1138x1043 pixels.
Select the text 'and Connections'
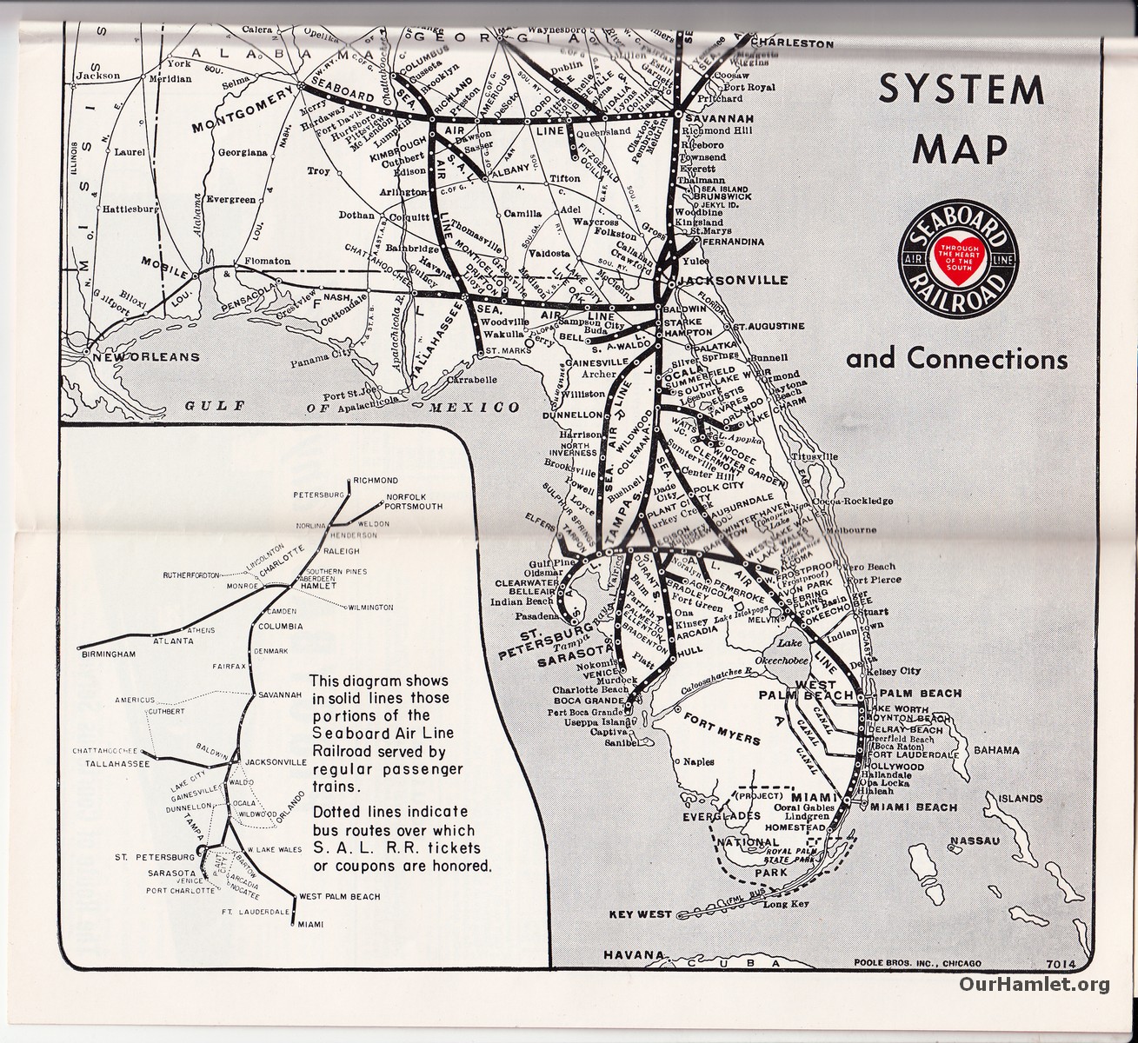[956, 358]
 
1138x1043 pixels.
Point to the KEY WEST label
[641, 913]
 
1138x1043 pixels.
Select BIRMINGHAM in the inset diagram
[110, 654]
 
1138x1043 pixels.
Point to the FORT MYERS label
[722, 728]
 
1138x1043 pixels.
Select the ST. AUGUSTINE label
[768, 326]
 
